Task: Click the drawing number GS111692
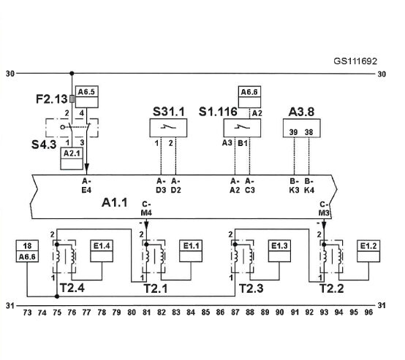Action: tap(355, 61)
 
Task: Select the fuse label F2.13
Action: tap(52, 99)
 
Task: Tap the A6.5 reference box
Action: tap(86, 97)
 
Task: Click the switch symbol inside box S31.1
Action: tap(168, 127)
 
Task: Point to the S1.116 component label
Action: tap(218, 112)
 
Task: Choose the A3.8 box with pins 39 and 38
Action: tap(302, 128)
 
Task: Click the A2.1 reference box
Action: tap(72, 158)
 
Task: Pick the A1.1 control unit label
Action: tap(115, 202)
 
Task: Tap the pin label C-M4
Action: tap(146, 209)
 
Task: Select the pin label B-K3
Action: tap(294, 185)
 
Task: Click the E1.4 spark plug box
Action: tap(102, 251)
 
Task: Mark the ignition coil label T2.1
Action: tap(155, 288)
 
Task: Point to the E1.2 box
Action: tap(368, 251)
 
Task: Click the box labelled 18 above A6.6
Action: tap(27, 245)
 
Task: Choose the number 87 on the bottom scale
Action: tap(235, 313)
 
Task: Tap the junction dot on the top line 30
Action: tap(72, 74)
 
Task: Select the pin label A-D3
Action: tap(161, 185)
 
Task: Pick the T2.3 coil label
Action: tap(251, 288)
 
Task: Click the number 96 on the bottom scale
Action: tap(368, 313)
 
